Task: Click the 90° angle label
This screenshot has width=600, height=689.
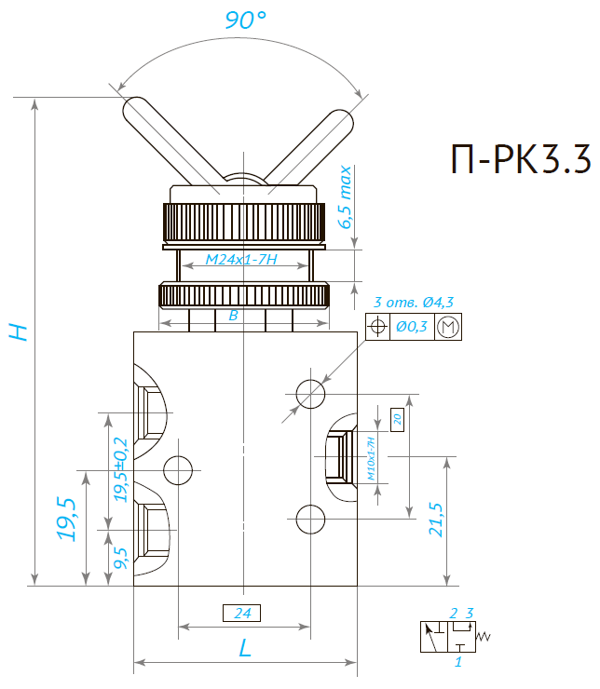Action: click(246, 20)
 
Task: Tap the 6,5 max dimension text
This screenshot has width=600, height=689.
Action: click(347, 197)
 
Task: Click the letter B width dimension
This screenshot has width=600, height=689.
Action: click(234, 317)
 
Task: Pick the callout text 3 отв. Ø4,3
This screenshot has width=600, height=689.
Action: click(413, 302)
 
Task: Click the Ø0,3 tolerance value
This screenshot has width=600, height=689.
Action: click(411, 327)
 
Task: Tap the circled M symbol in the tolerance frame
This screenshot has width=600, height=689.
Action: click(448, 327)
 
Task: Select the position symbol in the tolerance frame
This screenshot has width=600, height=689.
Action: click(377, 327)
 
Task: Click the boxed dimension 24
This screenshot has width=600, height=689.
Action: click(242, 613)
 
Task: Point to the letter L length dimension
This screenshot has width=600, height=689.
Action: click(245, 648)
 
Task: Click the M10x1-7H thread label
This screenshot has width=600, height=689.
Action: click(371, 457)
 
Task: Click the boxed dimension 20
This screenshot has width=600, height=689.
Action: click(397, 418)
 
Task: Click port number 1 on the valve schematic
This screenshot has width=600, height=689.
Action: click(457, 662)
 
